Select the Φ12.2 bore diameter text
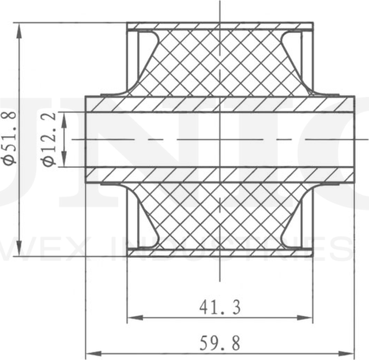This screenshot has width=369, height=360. [x=50, y=139]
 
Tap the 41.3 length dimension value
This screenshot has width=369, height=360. [x=220, y=308]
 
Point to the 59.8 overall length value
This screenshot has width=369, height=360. [x=220, y=343]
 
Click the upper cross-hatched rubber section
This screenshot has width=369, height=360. [x=220, y=63]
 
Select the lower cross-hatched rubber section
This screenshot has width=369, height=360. [x=220, y=216]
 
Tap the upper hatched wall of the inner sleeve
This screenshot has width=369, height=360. [x=220, y=104]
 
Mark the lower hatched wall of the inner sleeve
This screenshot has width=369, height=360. [x=220, y=175]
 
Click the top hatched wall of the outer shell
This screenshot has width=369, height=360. [x=220, y=27]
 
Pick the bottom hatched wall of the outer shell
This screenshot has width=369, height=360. [x=220, y=253]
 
